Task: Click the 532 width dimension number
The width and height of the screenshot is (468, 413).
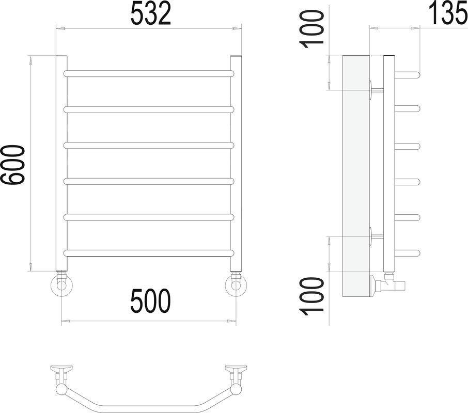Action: (150, 15)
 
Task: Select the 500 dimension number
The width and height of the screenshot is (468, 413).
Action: (150, 301)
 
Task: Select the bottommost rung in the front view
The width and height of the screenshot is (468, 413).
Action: (149, 253)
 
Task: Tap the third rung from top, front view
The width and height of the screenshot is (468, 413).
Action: (149, 146)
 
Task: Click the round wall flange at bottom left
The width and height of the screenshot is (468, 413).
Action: (62, 285)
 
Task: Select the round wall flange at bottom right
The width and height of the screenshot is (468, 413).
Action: (236, 285)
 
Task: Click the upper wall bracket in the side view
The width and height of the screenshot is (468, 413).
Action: (376, 90)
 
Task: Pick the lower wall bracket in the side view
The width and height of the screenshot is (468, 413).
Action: (376, 237)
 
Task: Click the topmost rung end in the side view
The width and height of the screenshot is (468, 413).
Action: (408, 74)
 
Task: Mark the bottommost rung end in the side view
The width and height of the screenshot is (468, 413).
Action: (408, 253)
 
